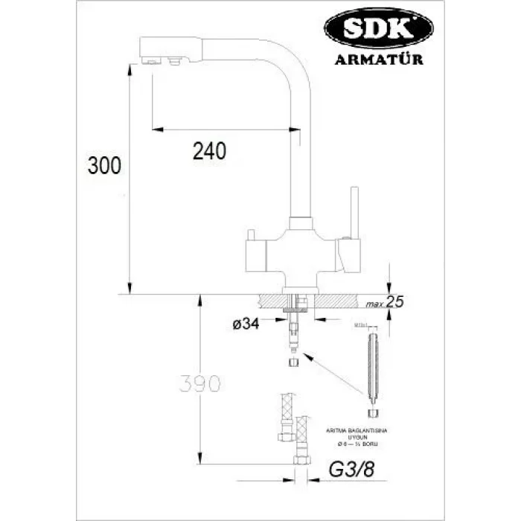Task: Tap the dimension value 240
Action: [209, 151]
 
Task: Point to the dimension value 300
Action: [104, 165]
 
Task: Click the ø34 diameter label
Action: [246, 324]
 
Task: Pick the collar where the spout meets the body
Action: [301, 223]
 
